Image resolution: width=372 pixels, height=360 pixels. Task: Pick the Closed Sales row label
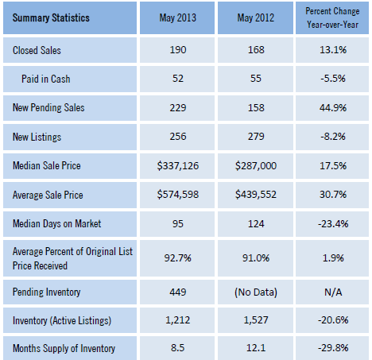[39, 50]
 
